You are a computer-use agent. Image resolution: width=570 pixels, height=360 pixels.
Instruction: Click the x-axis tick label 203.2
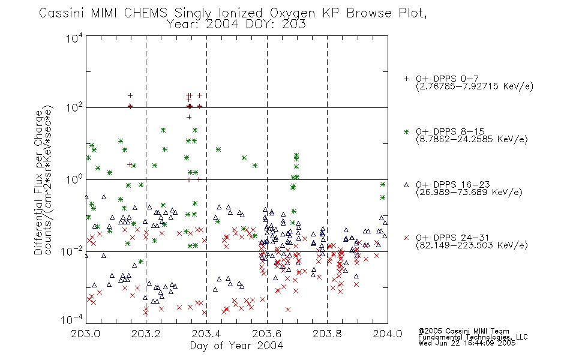[x=146, y=334]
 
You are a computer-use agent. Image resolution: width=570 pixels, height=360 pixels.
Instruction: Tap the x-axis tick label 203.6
[x=266, y=334]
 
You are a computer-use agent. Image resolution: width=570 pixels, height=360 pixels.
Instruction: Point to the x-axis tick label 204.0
[x=388, y=334]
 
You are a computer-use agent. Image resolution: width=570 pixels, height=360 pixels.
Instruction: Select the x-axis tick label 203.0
[x=85, y=334]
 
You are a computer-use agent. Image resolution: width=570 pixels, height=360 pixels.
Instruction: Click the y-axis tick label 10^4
[x=74, y=38]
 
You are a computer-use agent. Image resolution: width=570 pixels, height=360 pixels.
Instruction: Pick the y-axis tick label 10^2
[x=74, y=107]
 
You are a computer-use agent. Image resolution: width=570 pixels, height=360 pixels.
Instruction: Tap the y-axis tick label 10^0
[x=74, y=179]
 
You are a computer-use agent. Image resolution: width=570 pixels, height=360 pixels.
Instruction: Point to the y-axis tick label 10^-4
[x=72, y=320]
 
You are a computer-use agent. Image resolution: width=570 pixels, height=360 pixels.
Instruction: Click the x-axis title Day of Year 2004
[x=236, y=346]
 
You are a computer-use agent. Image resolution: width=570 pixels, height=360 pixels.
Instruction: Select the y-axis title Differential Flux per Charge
[x=38, y=183]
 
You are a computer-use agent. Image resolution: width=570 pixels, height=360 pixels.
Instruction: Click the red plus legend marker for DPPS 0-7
[x=406, y=79]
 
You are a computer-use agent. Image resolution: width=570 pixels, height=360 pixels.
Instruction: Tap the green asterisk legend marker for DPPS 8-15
[x=406, y=131]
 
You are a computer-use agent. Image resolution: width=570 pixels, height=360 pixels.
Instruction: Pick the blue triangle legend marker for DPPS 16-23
[x=406, y=185]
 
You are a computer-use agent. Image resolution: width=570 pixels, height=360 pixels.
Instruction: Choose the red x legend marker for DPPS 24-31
[x=406, y=238]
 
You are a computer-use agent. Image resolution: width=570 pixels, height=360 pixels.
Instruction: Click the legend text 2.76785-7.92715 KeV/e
[x=475, y=86]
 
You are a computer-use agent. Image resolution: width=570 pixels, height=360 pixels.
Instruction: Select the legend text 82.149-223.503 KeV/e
[x=472, y=245]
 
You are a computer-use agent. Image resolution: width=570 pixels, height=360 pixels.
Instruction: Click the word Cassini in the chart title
[x=62, y=13]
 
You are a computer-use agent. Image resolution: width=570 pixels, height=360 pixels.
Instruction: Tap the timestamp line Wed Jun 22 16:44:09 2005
[x=467, y=343]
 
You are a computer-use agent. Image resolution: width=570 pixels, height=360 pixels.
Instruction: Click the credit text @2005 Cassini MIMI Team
[x=464, y=331]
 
